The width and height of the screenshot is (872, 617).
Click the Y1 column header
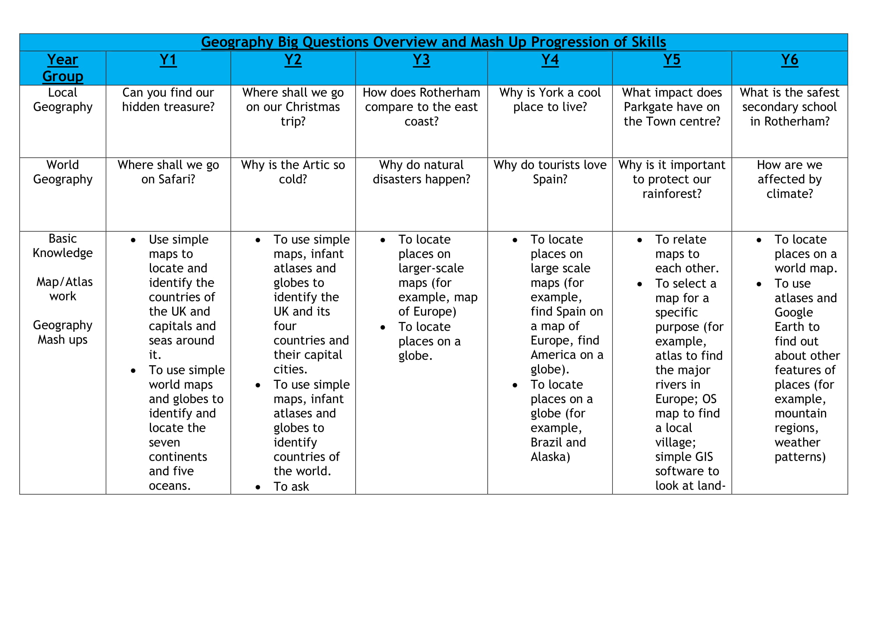click(x=168, y=60)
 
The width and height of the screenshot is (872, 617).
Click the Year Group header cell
click(x=63, y=68)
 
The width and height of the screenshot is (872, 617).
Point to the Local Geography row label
click(x=63, y=100)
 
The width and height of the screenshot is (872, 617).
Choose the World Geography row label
click(x=63, y=172)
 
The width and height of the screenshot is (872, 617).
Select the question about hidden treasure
click(x=168, y=100)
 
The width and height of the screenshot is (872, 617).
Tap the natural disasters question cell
click(x=421, y=172)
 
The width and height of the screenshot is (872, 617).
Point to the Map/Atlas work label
click(x=64, y=289)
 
